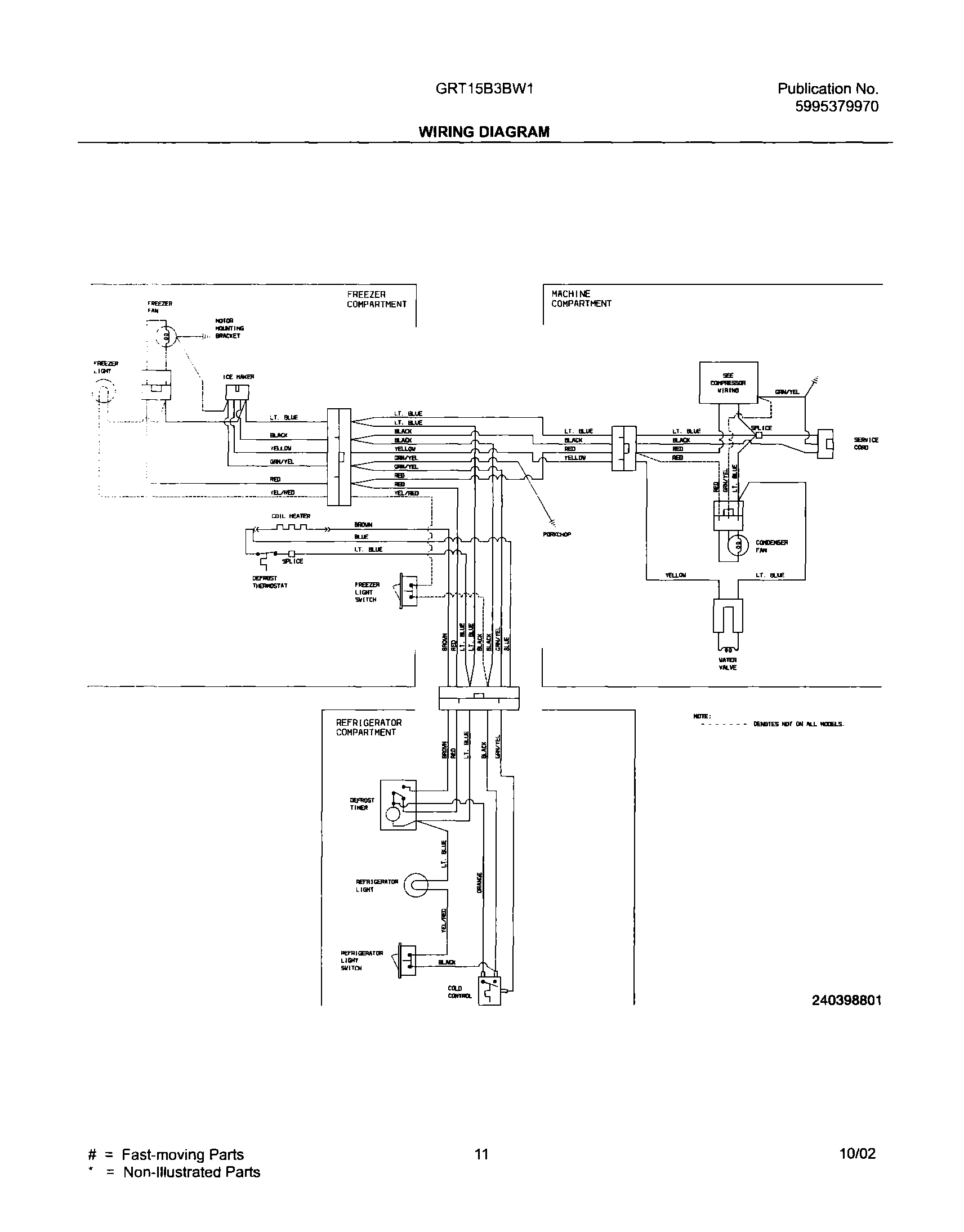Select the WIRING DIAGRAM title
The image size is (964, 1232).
tap(484, 132)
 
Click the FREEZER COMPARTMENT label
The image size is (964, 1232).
tap(376, 300)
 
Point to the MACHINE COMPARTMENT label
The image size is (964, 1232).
tap(581, 298)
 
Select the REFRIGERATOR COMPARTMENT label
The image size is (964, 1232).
tap(369, 727)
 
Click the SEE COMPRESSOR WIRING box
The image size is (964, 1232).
tap(728, 383)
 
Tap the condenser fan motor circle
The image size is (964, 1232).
tap(737, 545)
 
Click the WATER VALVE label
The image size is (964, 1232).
tap(728, 664)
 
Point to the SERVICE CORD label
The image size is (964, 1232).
tap(866, 444)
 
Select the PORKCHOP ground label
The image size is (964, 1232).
tap(556, 534)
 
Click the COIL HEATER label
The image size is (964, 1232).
tap(291, 516)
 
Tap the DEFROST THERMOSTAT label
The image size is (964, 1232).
tap(270, 582)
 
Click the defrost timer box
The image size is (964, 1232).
tap(398, 805)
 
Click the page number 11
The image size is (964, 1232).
tap(481, 1154)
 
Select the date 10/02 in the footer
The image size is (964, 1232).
tap(858, 1154)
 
